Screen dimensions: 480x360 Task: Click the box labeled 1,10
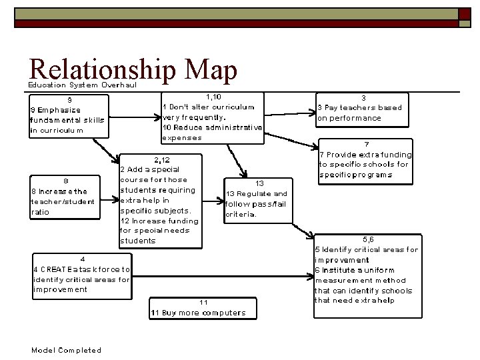click(213, 117)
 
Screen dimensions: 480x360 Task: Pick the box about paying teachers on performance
click(363, 108)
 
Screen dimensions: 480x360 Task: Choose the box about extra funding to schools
click(365, 161)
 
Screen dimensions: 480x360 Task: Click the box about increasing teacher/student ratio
click(64, 197)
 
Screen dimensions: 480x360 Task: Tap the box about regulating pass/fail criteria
click(257, 199)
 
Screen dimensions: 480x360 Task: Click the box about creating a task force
click(82, 275)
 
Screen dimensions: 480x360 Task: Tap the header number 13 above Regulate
click(260, 183)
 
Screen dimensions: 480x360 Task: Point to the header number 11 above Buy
click(204, 303)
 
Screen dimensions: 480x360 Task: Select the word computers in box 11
click(223, 313)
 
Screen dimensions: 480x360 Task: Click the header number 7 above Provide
click(366, 145)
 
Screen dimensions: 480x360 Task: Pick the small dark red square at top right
click(463, 13)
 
